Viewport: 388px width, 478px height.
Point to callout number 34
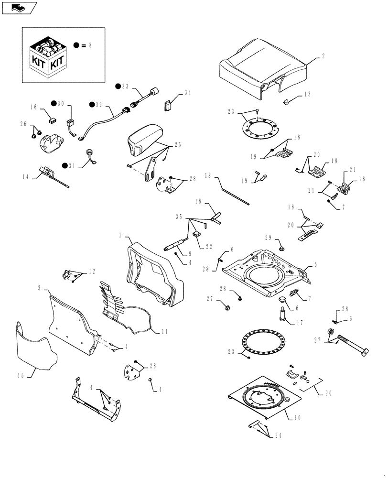coord(187,92)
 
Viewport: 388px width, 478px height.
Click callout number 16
coord(33,108)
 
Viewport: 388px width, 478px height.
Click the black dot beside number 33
coord(117,86)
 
